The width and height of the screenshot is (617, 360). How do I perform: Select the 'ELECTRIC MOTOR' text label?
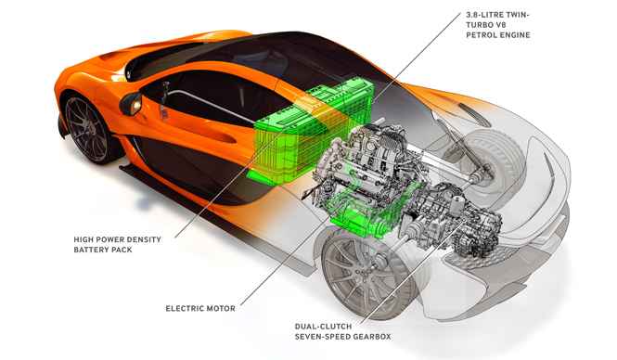199,306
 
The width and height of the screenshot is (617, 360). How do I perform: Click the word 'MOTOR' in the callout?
219,306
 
